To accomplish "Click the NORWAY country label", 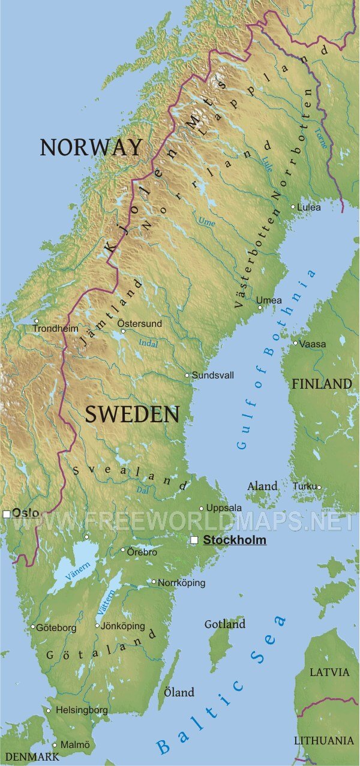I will pos(91,147).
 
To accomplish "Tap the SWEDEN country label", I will pos(132,414).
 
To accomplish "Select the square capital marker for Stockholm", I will pos(194,540).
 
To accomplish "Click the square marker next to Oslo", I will pos(7,514).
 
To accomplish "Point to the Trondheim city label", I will pos(55,329).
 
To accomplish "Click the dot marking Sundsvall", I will pos(187,376).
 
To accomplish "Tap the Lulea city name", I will pos(310,208).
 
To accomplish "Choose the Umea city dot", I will pos(260,308).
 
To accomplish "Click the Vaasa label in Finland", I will pos(313,344).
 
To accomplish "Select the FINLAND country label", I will pos(322,384).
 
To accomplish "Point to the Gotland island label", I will pos(225,624).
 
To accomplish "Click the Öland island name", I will pos(179,693).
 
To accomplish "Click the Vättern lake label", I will pos(105,602).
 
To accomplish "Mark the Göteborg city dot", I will pos(33,627).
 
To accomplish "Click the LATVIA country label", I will pos(329,672).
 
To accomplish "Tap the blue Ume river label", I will pos(206,222).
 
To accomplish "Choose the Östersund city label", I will pos(139,323).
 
